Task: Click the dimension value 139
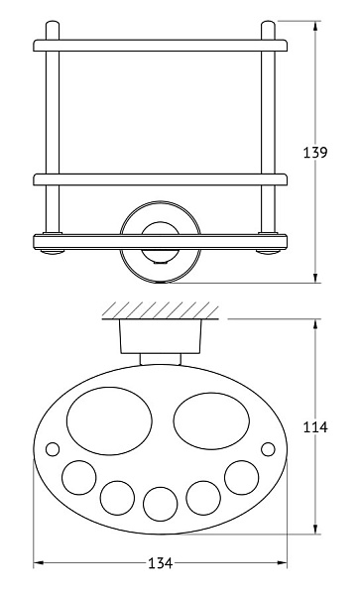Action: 314,152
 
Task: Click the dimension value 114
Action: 314,427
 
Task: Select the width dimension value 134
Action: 160,563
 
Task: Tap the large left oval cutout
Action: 109,420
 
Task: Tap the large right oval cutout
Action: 211,420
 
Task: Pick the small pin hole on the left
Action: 53,449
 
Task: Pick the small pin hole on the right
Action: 268,449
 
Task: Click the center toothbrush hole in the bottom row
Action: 160,505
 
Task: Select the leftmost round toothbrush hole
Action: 79,478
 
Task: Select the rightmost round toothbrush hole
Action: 242,478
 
